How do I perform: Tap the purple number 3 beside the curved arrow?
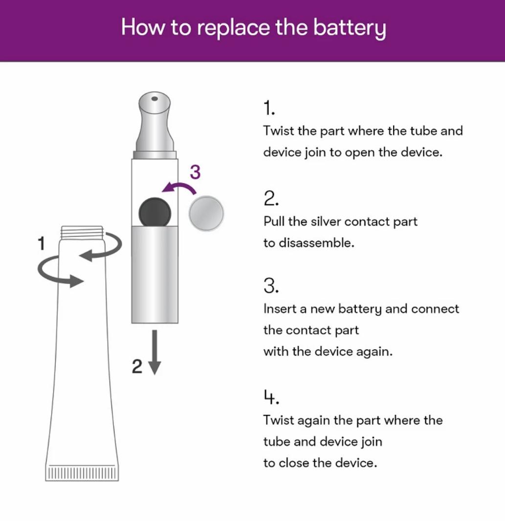pyautogui.click(x=195, y=172)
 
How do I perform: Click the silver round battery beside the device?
pyautogui.click(x=206, y=213)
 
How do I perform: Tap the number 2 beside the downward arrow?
pyautogui.click(x=137, y=366)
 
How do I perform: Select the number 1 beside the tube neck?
pyautogui.click(x=42, y=243)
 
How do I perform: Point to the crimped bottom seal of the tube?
pyautogui.click(x=82, y=473)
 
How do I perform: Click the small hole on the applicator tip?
pyautogui.click(x=154, y=98)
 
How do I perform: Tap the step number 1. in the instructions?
pyautogui.click(x=269, y=108)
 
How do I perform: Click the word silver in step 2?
pyautogui.click(x=326, y=221)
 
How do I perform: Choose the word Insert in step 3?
pyautogui.click(x=280, y=309)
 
